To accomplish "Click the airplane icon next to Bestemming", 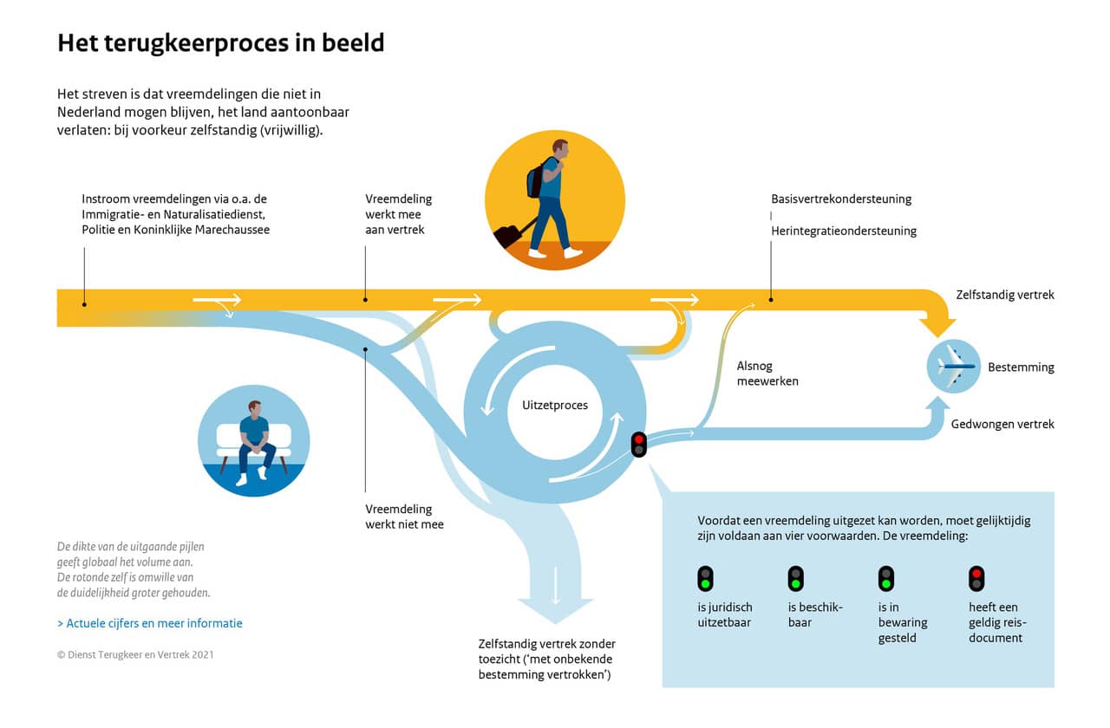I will (953, 367).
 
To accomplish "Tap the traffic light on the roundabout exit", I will (639, 445).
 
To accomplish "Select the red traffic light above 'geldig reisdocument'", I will (976, 578).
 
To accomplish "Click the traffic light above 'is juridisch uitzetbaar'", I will (706, 578).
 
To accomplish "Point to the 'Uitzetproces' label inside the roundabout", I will (555, 405).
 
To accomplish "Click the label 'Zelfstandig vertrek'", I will (1005, 295).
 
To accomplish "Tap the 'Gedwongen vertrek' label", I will (1002, 424).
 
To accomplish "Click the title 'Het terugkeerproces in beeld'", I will (220, 43).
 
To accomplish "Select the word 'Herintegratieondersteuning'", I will (844, 231).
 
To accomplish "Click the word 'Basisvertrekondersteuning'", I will (841, 198).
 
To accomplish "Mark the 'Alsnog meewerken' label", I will (767, 374).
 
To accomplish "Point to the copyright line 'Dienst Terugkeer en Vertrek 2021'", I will (135, 654).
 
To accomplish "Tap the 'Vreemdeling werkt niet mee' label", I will (404, 517).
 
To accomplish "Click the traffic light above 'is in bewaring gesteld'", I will (885, 578).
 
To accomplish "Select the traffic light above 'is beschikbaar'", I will (795, 578).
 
